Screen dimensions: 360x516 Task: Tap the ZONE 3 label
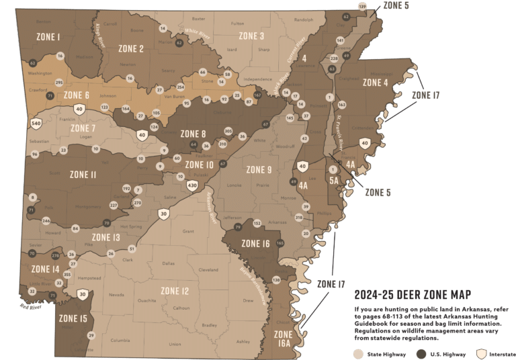click(251, 36)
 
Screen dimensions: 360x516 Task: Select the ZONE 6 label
click(77, 95)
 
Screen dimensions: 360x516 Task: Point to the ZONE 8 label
click(193, 134)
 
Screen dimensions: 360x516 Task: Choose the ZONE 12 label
click(175, 291)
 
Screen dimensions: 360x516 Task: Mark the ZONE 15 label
click(73, 318)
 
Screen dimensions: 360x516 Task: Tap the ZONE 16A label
click(283, 339)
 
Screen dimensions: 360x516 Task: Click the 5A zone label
click(334, 180)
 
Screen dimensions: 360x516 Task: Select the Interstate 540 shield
click(37, 124)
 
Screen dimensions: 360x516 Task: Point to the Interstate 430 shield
click(192, 185)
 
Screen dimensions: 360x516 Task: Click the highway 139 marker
click(363, 7)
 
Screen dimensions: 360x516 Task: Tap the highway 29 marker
click(91, 335)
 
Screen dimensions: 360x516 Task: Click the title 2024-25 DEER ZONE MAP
click(412, 295)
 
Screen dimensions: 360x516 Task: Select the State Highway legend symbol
click(356, 351)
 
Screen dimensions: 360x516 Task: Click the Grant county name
click(187, 232)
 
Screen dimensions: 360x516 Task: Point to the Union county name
click(175, 344)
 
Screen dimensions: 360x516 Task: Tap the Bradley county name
click(210, 325)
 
